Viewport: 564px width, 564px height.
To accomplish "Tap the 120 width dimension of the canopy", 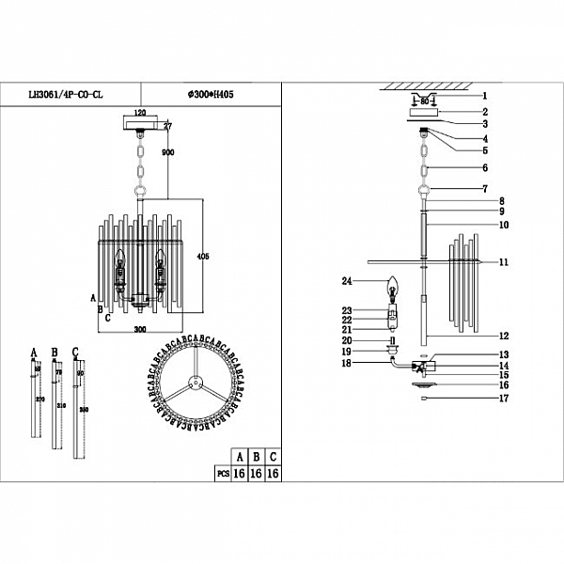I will coord(140,111).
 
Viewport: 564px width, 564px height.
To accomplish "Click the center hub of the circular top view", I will coord(194,383).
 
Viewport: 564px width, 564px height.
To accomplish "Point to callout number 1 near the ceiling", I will coord(485,96).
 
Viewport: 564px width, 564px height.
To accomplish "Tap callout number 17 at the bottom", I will coord(504,399).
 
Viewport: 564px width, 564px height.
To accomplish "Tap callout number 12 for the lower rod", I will coord(504,336).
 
